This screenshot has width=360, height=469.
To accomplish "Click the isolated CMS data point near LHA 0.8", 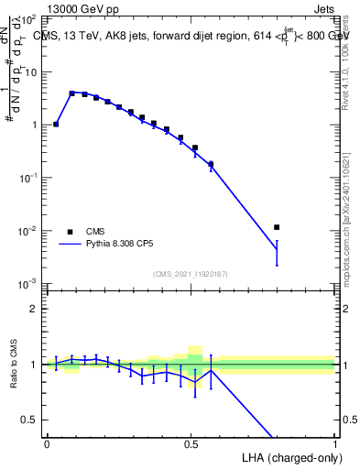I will (x=277, y=227).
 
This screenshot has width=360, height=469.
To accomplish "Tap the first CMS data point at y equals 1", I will (x=56, y=124).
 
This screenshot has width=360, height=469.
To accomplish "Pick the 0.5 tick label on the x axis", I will (x=191, y=443).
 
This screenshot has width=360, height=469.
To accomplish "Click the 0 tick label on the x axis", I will (x=47, y=443).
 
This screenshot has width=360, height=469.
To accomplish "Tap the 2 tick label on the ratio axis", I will (x=33, y=309).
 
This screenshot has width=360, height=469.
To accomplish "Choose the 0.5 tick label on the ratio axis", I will (x=29, y=420).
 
